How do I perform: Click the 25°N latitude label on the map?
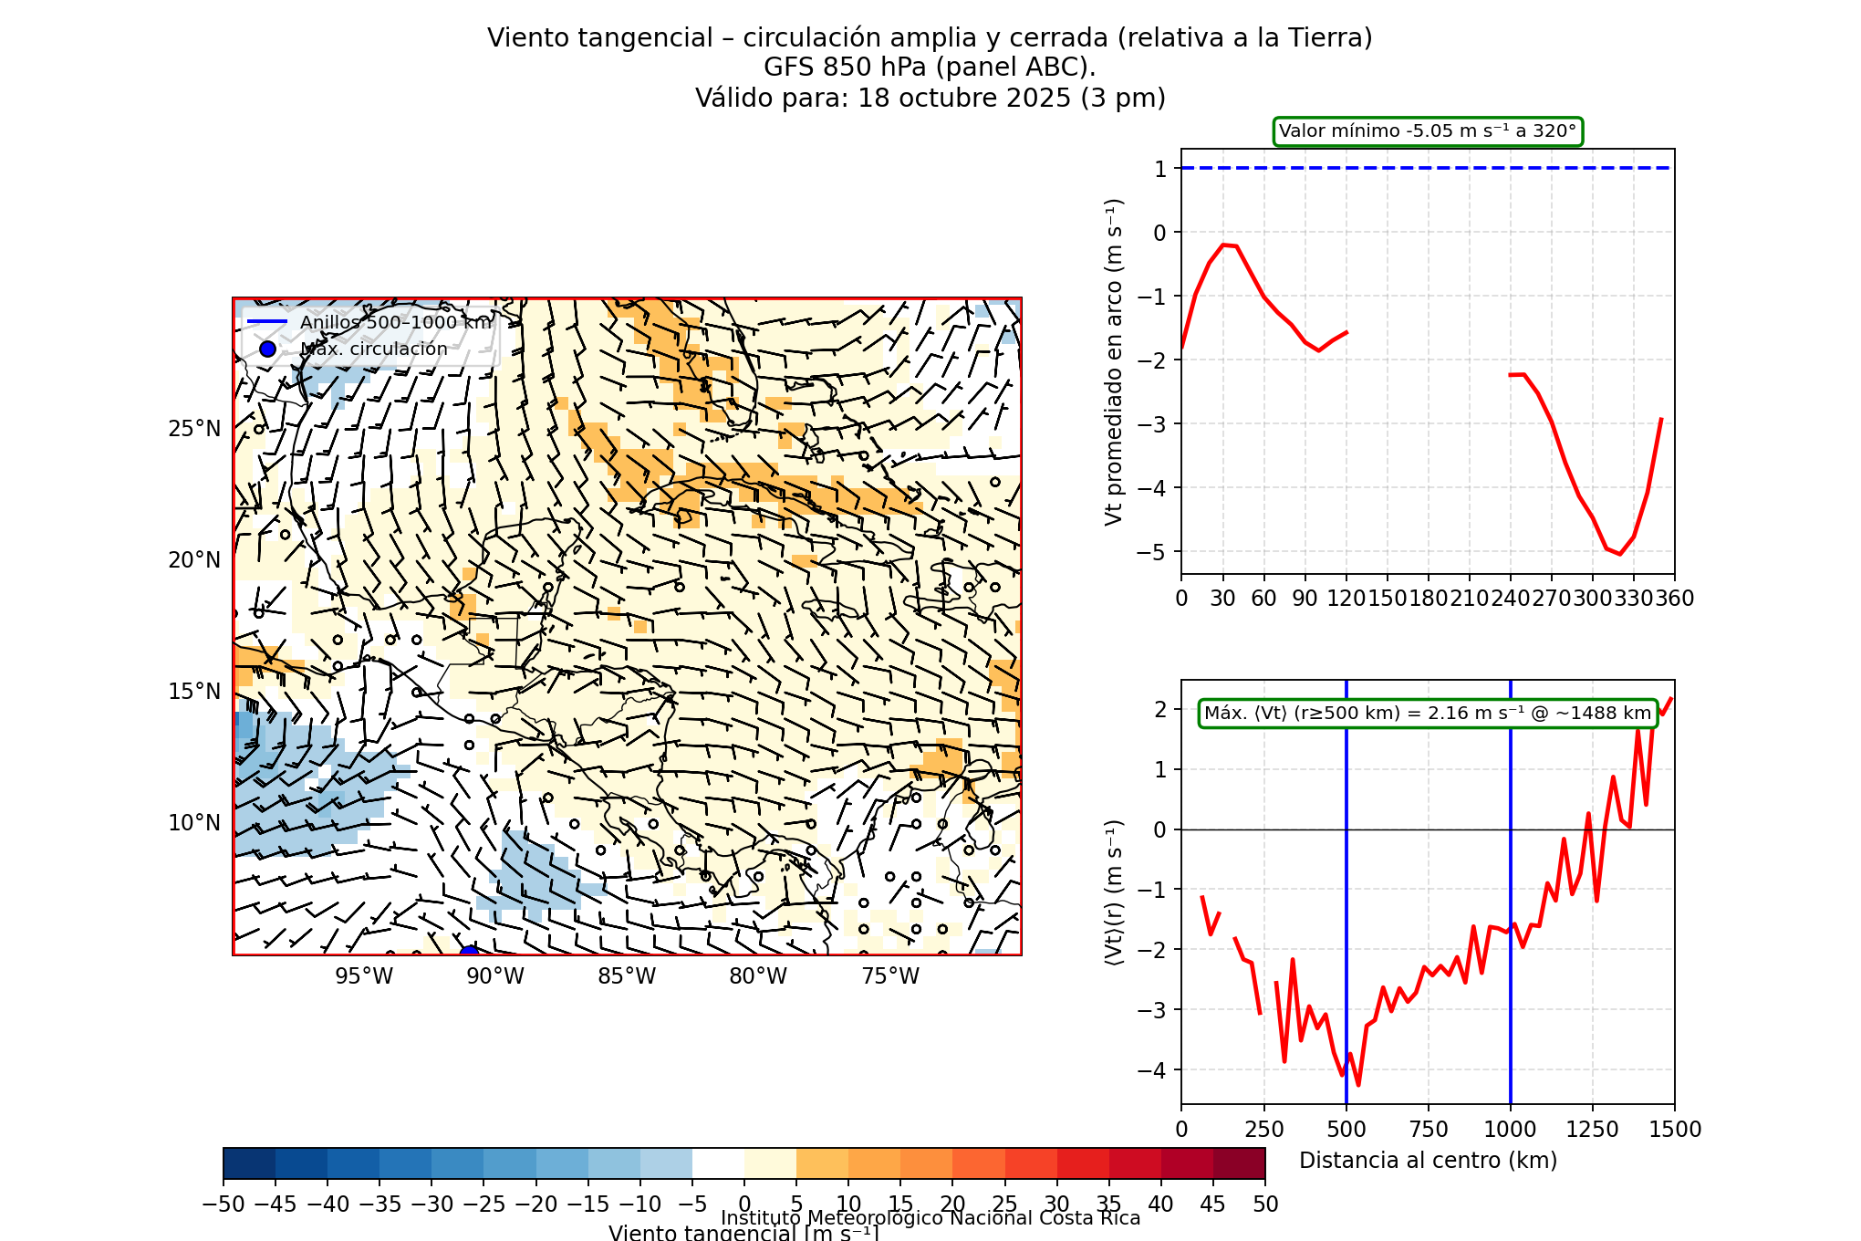(x=193, y=429)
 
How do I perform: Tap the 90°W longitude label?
(x=495, y=976)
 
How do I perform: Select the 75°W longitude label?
(x=890, y=976)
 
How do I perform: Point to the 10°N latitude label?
(x=193, y=823)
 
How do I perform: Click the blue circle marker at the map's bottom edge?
(x=469, y=953)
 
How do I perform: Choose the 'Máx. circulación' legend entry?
(x=374, y=349)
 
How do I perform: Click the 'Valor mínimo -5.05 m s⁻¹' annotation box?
(x=1428, y=131)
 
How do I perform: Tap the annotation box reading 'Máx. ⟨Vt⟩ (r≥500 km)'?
(x=1428, y=714)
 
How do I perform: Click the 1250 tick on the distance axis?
(x=1592, y=1130)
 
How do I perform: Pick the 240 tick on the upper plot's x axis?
(x=1510, y=599)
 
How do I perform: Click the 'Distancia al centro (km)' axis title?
(x=1428, y=1161)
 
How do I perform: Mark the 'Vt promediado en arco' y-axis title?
(x=1114, y=361)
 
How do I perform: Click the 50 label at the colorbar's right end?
(x=1265, y=1204)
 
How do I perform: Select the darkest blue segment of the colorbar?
(x=249, y=1163)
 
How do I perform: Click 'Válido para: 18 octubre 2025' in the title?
(x=930, y=98)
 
